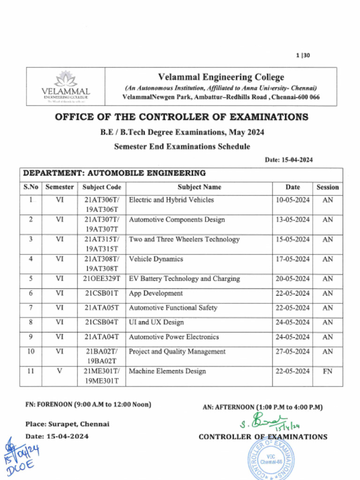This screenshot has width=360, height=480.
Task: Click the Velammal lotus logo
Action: pyautogui.click(x=66, y=79)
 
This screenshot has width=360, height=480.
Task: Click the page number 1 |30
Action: pyautogui.click(x=303, y=55)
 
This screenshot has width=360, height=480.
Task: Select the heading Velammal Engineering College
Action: pyautogui.click(x=221, y=77)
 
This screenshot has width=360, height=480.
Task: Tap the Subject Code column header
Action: pyautogui.click(x=102, y=187)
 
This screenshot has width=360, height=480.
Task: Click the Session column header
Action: pyautogui.click(x=327, y=187)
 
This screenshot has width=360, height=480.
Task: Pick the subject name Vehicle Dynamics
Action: pyautogui.click(x=156, y=259)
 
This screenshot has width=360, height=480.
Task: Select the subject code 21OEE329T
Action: pyautogui.click(x=102, y=279)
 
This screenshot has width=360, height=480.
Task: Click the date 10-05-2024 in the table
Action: pyautogui.click(x=292, y=200)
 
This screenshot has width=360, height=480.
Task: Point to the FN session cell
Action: pyautogui.click(x=328, y=371)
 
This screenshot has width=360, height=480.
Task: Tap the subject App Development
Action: pyautogui.click(x=156, y=293)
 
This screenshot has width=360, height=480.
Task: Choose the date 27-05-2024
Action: pyautogui.click(x=292, y=352)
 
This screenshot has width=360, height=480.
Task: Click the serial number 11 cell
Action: pyautogui.click(x=30, y=371)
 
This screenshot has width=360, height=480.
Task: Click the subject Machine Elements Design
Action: pyautogui.click(x=167, y=371)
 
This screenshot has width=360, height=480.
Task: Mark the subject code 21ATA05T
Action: pyautogui.click(x=102, y=308)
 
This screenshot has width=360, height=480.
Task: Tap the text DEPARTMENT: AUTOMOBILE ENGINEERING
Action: pyautogui.click(x=114, y=173)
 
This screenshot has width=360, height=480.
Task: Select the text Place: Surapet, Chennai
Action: pyautogui.click(x=67, y=424)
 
